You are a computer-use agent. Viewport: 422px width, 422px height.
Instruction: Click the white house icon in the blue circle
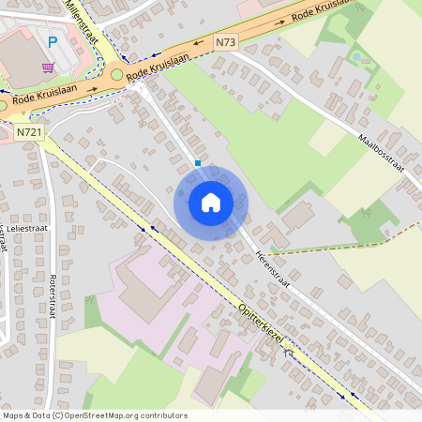pos(211,202)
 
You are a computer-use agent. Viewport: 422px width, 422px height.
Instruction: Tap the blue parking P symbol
pos(53,42)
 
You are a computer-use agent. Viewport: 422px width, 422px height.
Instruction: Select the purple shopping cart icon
pos(48,68)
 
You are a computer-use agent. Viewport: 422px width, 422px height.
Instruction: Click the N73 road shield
pos(225,42)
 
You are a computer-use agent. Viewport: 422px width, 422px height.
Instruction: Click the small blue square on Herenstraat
pos(198,163)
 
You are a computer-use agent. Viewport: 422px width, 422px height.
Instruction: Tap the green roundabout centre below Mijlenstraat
pos(117,74)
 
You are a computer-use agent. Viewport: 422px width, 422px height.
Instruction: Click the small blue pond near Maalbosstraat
pos(355,57)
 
